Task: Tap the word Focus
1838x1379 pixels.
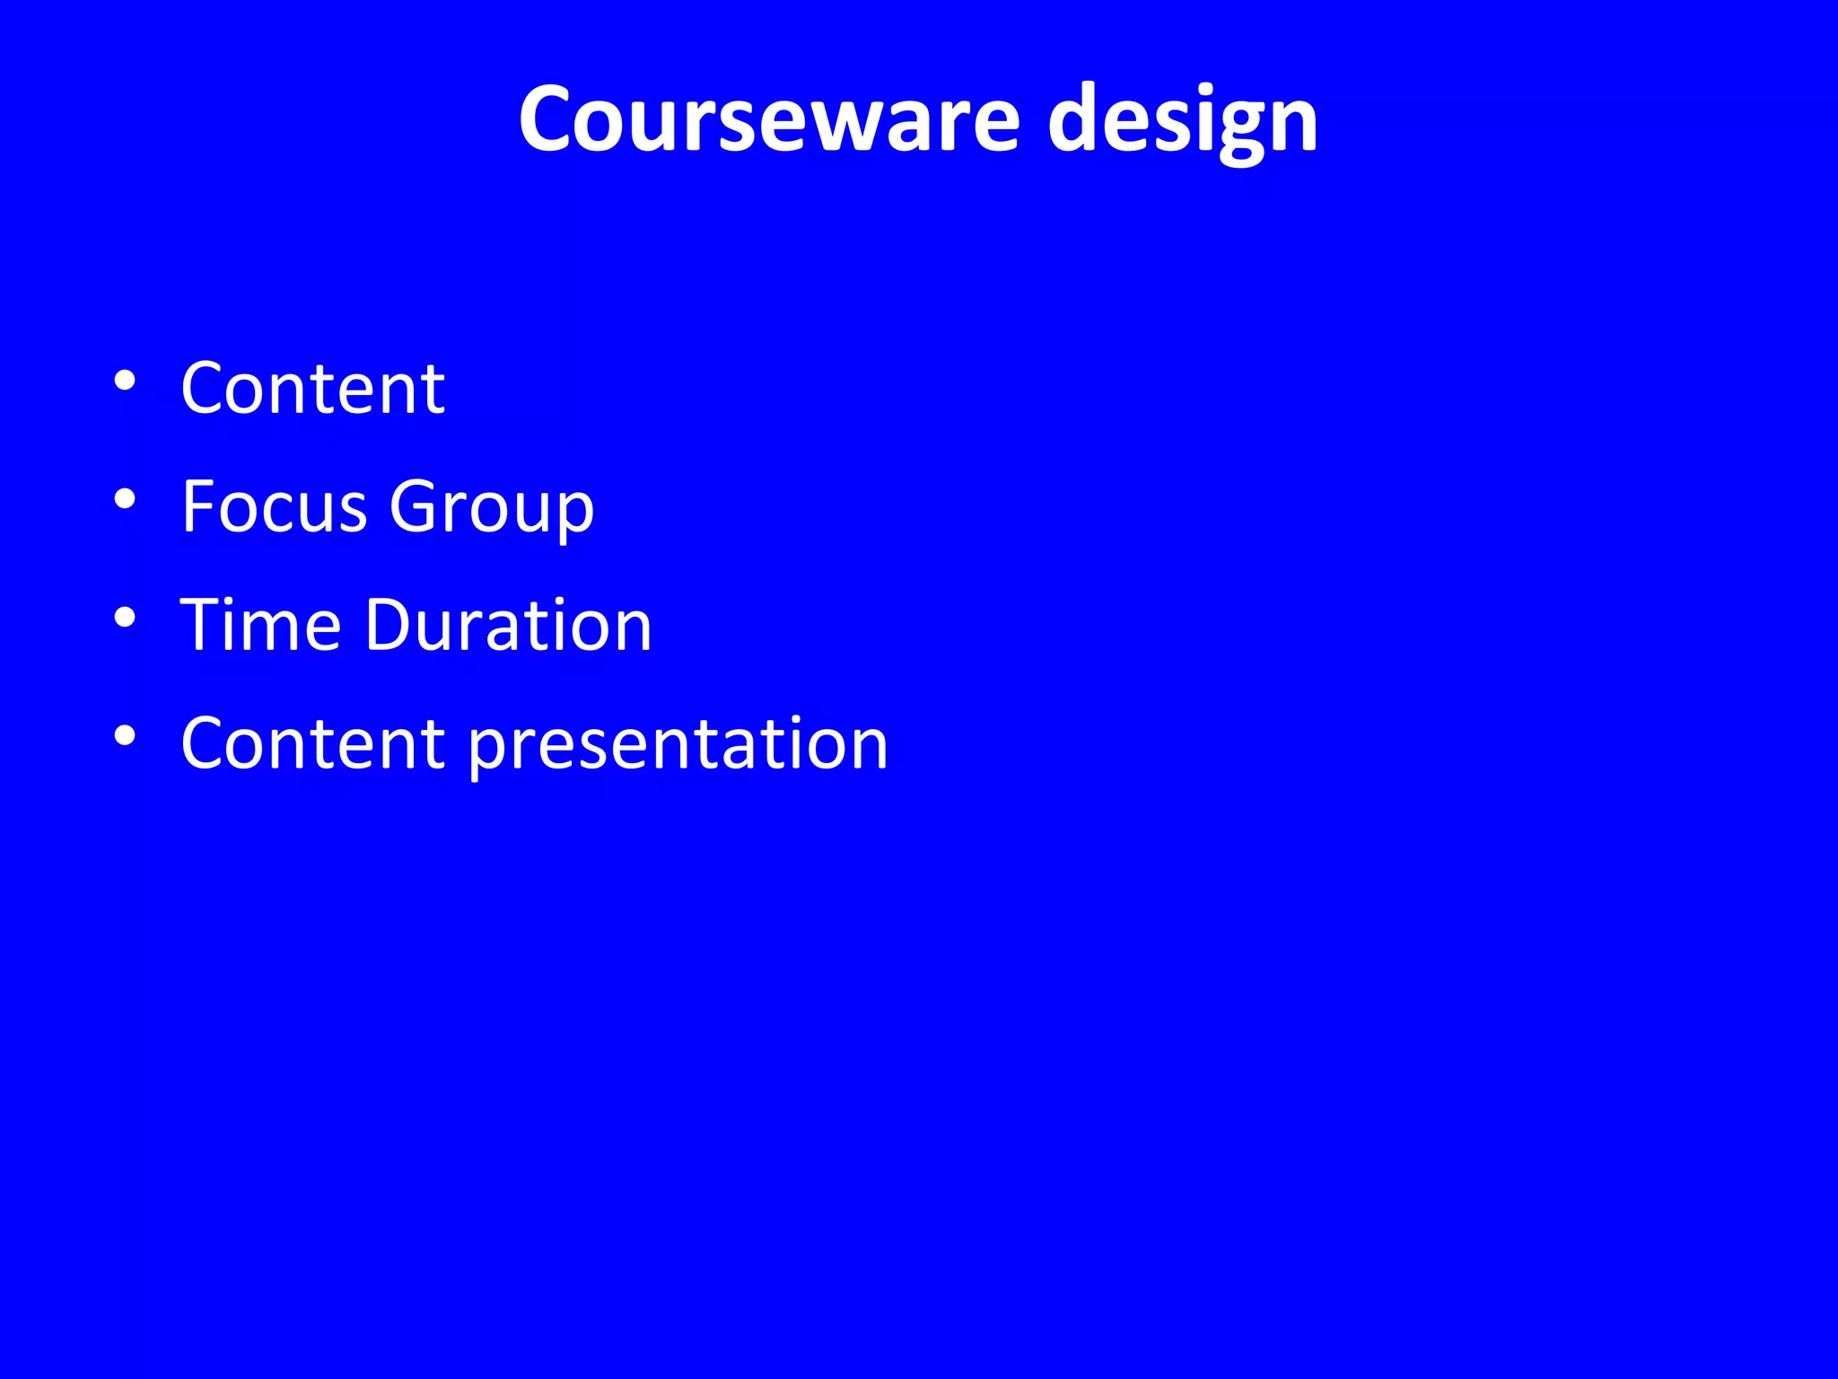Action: [274, 506]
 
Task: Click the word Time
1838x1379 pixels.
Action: [260, 625]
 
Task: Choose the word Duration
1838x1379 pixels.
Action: [508, 625]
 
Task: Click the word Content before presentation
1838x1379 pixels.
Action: [312, 743]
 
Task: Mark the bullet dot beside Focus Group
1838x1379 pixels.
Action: [125, 499]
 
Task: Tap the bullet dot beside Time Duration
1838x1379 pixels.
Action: [125, 618]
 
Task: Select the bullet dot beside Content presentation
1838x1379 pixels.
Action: [125, 736]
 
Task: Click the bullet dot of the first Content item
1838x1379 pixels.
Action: [125, 381]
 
